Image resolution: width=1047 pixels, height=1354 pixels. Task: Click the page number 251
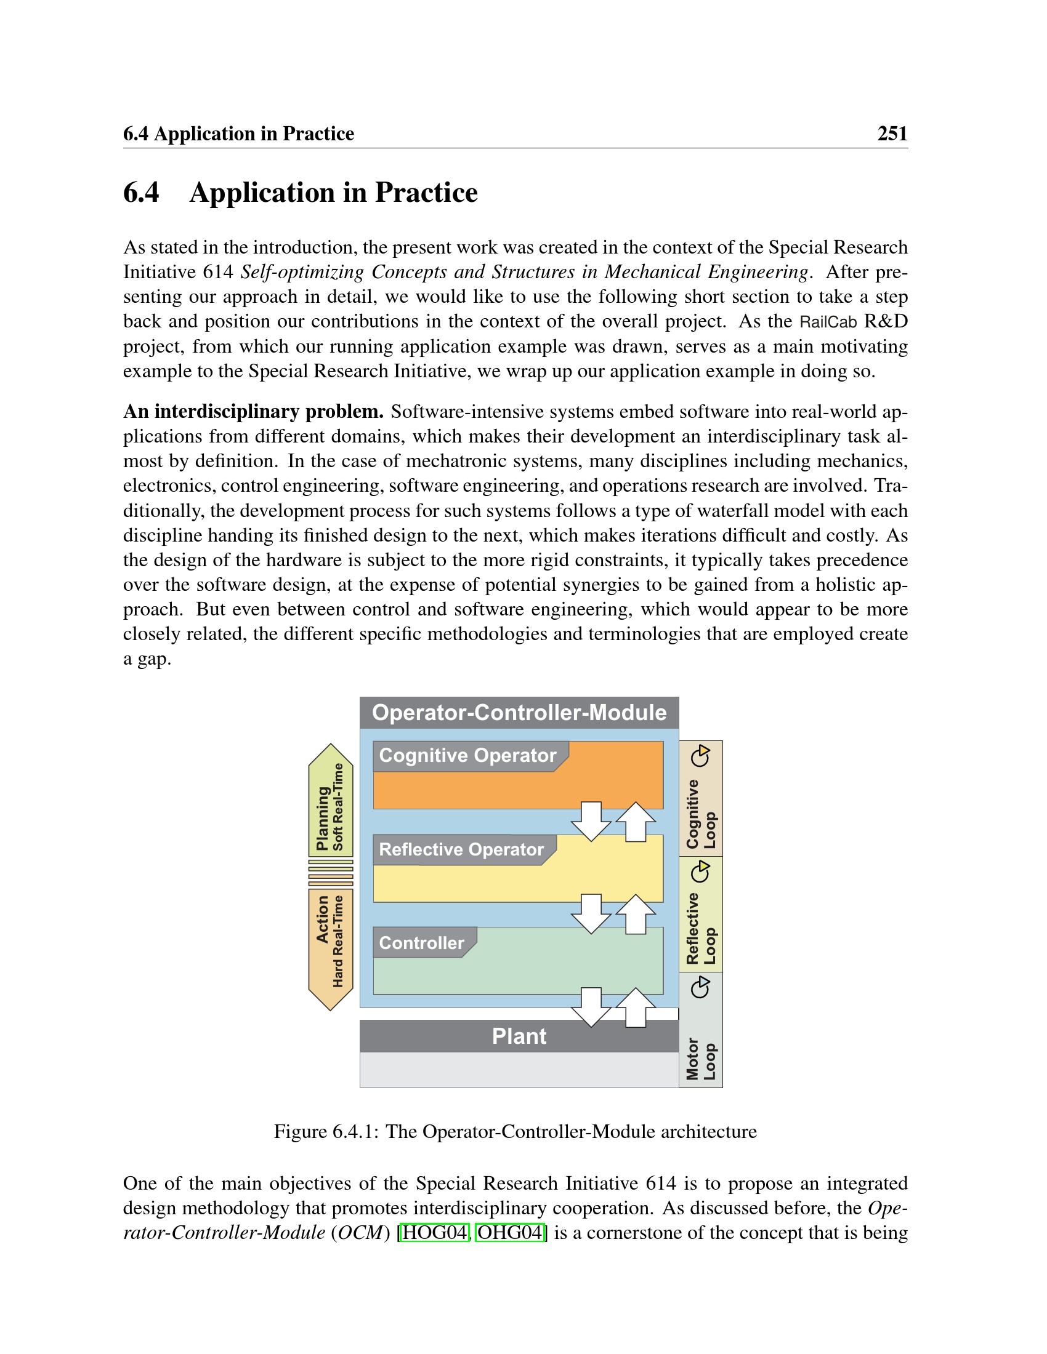pos(892,134)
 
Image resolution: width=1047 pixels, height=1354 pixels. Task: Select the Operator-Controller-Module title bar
pos(519,712)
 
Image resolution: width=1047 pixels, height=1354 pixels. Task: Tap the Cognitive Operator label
pos(467,756)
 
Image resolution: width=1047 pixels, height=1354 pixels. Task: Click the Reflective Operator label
pos(461,849)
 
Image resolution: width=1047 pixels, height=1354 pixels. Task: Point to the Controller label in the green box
pos(422,943)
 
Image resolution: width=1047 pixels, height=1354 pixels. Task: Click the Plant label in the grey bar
pos(519,1036)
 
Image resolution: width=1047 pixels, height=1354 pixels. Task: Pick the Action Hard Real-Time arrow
pos(331,942)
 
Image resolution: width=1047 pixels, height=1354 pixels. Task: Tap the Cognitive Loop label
pos(701,814)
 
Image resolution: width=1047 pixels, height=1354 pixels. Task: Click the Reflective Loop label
pos(701,929)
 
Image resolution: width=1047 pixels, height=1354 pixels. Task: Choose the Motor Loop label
pos(701,1059)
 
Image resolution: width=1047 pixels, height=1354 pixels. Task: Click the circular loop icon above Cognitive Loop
pos(701,756)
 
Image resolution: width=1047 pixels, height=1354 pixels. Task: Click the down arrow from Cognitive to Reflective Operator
pos(591,821)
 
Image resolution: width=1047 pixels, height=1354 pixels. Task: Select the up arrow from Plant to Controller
pos(636,1007)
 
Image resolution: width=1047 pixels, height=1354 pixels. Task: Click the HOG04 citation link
pos(434,1232)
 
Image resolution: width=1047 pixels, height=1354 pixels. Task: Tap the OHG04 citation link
pos(510,1232)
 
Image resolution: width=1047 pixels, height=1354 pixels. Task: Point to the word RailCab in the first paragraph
pos(828,322)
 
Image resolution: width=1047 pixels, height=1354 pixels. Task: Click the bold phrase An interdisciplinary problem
pos(253,412)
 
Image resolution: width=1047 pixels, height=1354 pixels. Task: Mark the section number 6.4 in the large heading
pos(142,193)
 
